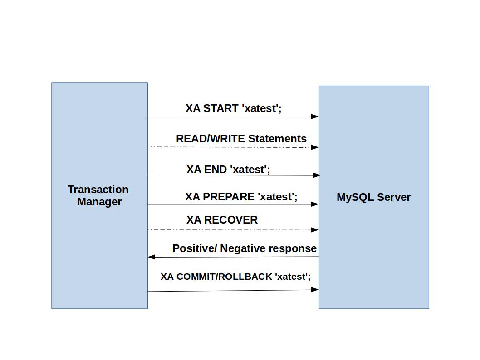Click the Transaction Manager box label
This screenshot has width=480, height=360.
point(98,195)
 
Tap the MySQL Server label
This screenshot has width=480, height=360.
point(373,197)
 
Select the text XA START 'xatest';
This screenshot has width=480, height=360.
point(233,108)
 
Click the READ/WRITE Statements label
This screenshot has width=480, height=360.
point(241,139)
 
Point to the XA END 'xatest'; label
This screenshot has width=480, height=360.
point(228,170)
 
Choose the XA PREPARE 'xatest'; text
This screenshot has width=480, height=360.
point(241,197)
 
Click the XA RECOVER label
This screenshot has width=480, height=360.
point(222,220)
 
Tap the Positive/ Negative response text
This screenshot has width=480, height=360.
point(244,248)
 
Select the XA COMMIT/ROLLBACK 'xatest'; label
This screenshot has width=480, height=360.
point(235,277)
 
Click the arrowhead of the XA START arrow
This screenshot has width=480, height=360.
point(315,117)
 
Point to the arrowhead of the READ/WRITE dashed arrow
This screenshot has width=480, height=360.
point(315,147)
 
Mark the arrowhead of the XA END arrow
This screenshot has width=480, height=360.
point(317,175)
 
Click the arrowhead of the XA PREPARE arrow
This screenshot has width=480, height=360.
point(315,204)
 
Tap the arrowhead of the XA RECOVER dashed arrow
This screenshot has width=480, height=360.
point(315,230)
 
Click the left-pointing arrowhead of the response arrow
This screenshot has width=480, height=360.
point(152,257)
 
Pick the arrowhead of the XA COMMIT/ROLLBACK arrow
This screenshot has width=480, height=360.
point(315,289)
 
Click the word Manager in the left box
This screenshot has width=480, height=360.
point(99,202)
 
